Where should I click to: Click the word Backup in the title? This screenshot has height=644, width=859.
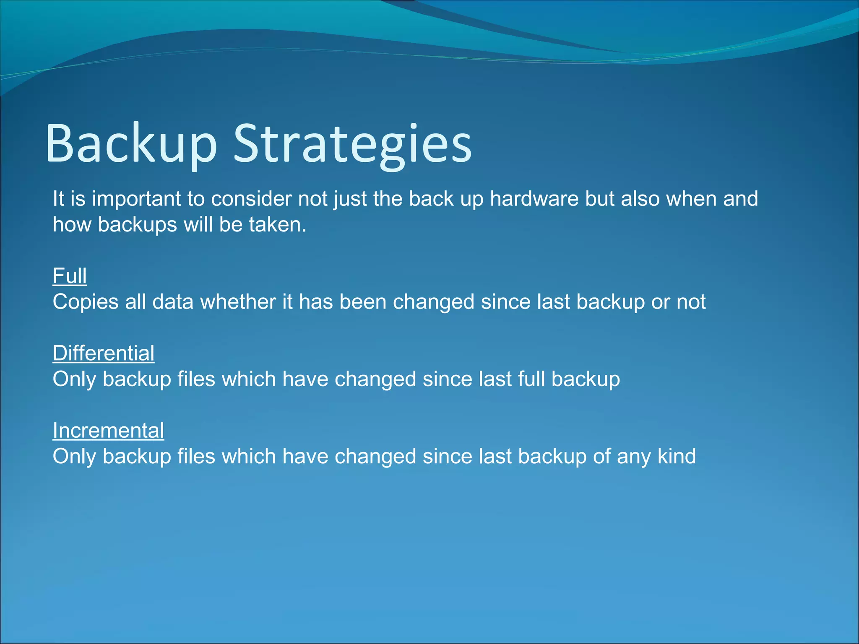[x=131, y=143]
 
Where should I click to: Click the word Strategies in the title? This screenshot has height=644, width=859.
[x=352, y=143]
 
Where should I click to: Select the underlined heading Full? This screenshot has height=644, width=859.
[x=70, y=276]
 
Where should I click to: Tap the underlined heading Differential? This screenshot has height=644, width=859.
[x=104, y=353]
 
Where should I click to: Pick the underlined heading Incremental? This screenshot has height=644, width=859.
[x=108, y=430]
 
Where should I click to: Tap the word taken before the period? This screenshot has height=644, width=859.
[x=274, y=225]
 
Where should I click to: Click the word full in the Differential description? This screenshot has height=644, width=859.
[x=531, y=379]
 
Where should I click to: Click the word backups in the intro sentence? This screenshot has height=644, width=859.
[x=137, y=225]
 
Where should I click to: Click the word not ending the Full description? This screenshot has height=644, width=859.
[x=691, y=302]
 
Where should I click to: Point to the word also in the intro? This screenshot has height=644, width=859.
[x=640, y=199]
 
